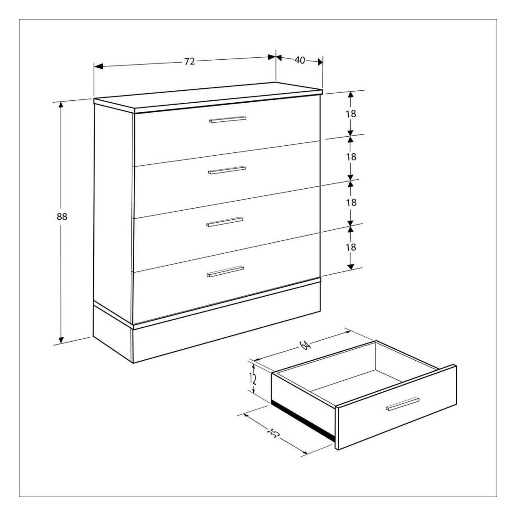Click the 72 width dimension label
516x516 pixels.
[x=189, y=62]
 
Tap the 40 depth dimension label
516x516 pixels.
[x=300, y=60]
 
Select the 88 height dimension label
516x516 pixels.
[x=62, y=216]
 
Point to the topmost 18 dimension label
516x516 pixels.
[x=351, y=114]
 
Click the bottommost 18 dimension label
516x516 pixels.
[x=351, y=247]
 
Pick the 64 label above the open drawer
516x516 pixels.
[x=305, y=345]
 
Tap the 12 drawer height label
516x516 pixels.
[x=253, y=379]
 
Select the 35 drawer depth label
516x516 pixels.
[x=274, y=433]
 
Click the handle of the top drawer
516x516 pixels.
[x=227, y=119]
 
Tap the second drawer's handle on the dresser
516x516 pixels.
[x=227, y=170]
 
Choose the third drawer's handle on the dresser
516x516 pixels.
[x=225, y=222]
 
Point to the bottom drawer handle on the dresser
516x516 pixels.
[x=225, y=271]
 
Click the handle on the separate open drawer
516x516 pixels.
[x=403, y=404]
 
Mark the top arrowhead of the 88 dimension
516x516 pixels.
[x=61, y=105]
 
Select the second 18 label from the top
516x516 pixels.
[x=351, y=157]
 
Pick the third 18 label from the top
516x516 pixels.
[x=351, y=203]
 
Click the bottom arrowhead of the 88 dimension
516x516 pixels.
[x=61, y=340]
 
